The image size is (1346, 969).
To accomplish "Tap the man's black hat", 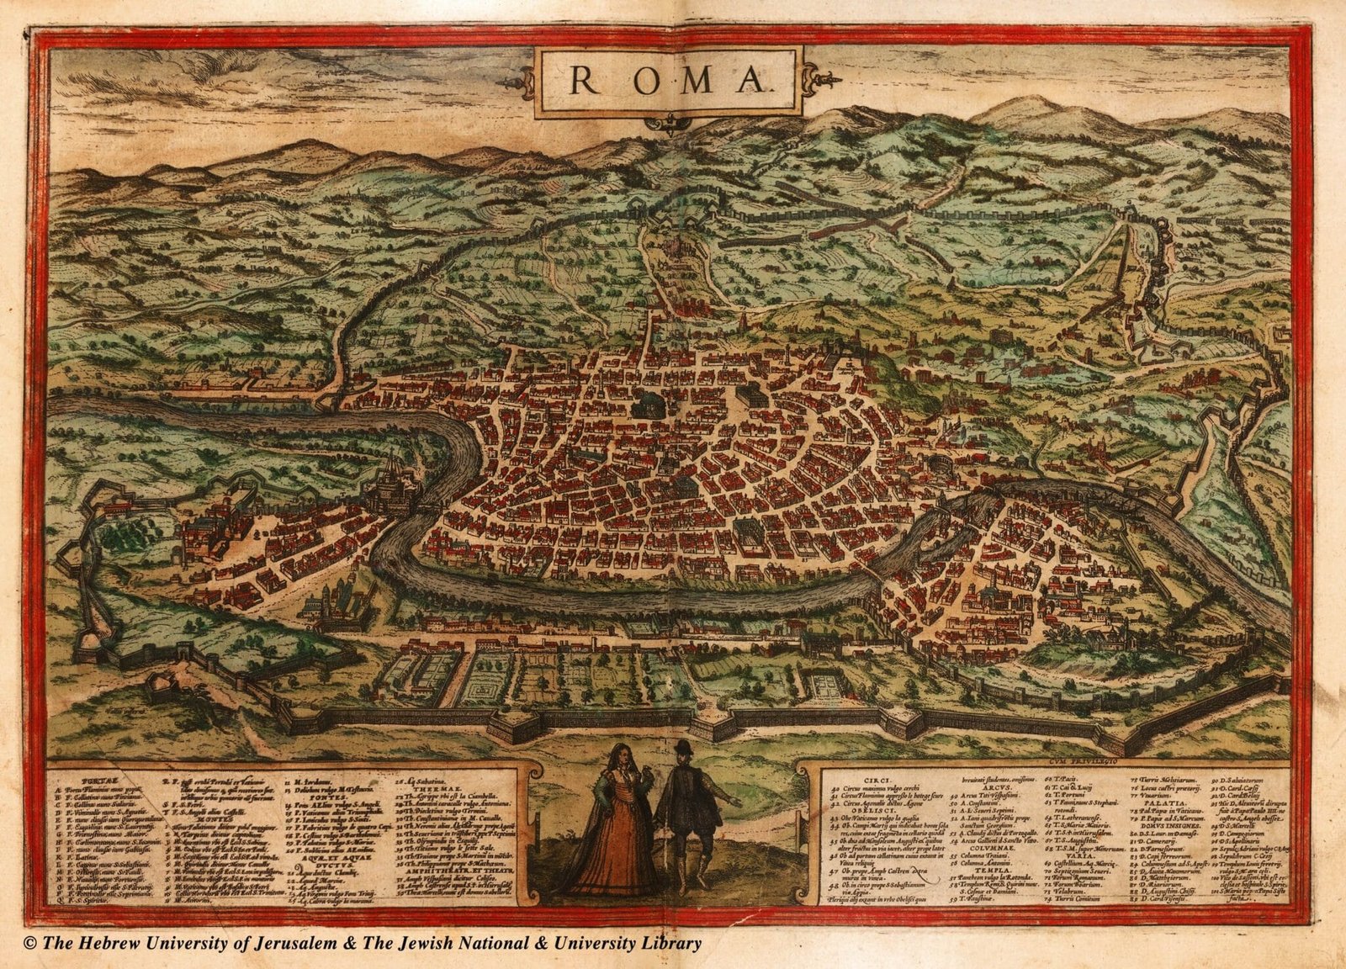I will pyautogui.click(x=683, y=747).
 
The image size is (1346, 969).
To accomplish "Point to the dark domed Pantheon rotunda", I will pyautogui.click(x=649, y=405).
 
